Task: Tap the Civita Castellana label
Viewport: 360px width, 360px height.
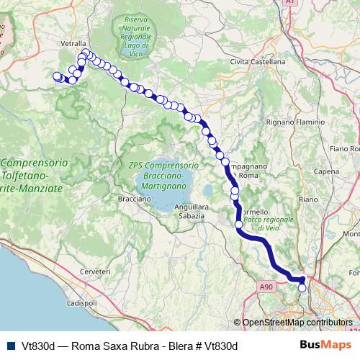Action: click(257, 63)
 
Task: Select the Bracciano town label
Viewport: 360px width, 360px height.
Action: click(134, 197)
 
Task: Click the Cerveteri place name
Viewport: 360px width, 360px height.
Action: click(95, 271)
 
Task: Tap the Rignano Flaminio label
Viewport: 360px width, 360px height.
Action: click(295, 122)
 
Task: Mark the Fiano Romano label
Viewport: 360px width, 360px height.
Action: click(344, 148)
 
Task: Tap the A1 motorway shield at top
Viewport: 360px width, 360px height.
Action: click(289, 4)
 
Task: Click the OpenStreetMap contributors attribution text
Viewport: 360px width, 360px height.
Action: click(297, 323)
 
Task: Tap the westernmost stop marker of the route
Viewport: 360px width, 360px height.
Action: click(58, 76)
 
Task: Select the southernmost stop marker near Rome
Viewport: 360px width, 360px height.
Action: click(302, 288)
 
